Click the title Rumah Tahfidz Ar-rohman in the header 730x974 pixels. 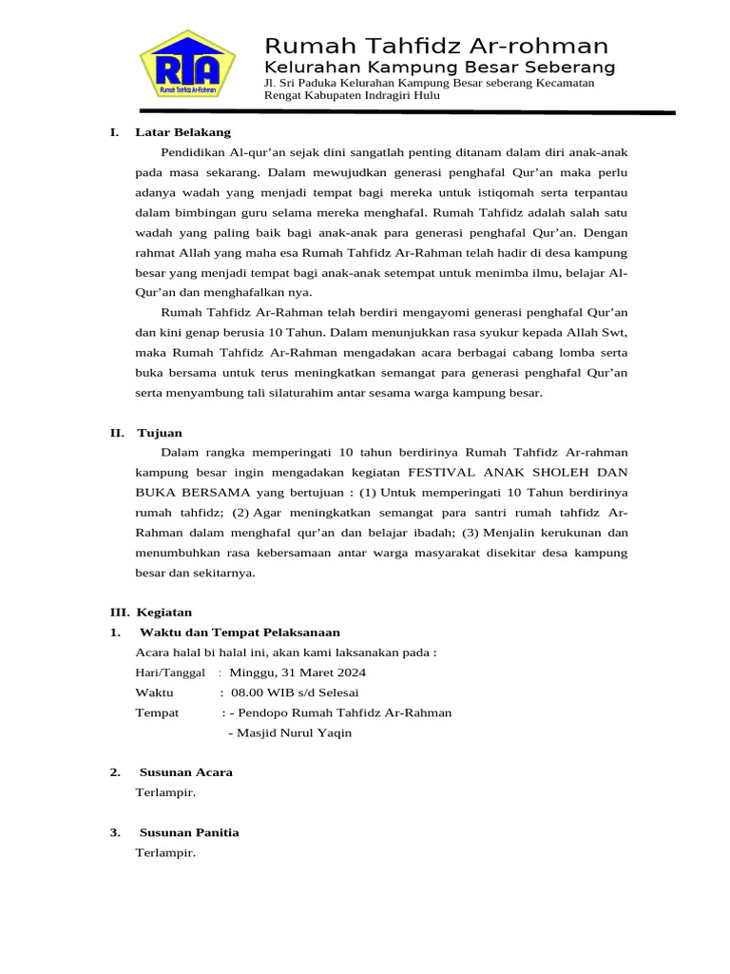[x=436, y=46]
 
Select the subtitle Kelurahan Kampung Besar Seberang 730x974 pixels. [x=439, y=68]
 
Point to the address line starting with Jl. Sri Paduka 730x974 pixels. [x=429, y=83]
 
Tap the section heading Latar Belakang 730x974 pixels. [x=183, y=132]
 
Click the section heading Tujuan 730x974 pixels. [x=160, y=433]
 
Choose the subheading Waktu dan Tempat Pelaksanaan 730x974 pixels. [x=240, y=633]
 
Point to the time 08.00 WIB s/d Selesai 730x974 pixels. [x=288, y=692]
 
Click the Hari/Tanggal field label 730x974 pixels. [x=170, y=672]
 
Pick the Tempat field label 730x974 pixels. [x=157, y=712]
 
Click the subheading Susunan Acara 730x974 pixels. [x=185, y=772]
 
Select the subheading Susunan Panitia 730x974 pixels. [x=189, y=832]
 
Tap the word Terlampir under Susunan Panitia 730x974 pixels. [x=165, y=852]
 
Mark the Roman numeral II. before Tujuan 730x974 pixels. [x=117, y=433]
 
